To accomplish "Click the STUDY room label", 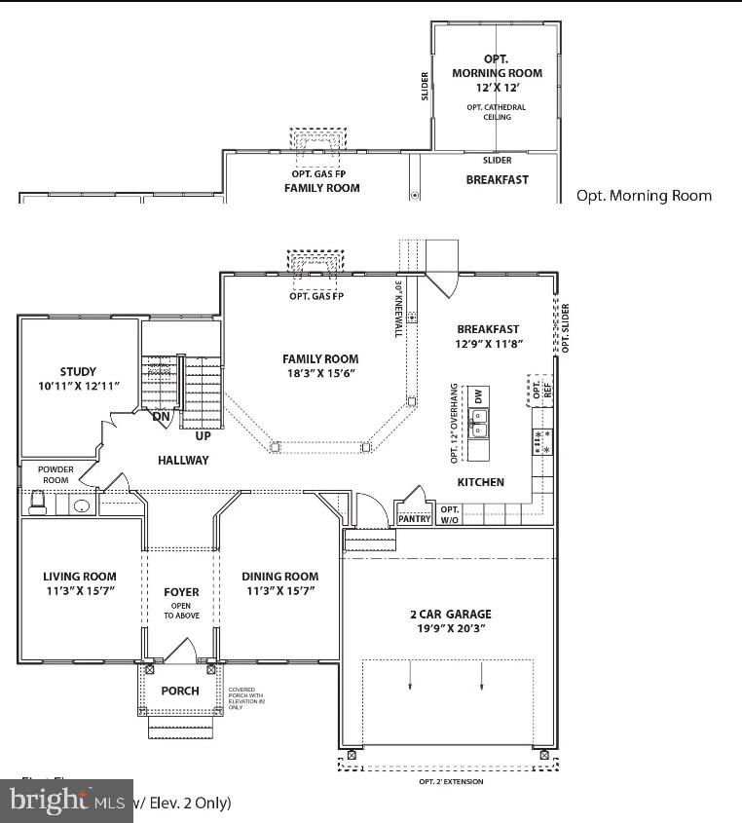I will [78, 371].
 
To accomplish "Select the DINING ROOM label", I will [279, 577].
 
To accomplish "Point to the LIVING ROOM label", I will [80, 577].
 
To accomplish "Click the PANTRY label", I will [414, 519].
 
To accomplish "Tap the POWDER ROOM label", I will [56, 474].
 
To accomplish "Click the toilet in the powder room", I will [37, 502].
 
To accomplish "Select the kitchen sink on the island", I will [479, 422].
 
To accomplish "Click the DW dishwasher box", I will [478, 395].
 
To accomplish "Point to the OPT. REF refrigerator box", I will [540, 391].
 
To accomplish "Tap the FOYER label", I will [181, 592].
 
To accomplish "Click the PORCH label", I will [180, 691].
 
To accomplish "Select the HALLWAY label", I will [183, 460].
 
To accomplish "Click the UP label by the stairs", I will [203, 435].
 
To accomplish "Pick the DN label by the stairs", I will [162, 416].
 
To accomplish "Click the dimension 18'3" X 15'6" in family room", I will [320, 373].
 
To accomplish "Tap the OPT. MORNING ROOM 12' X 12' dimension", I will [497, 88].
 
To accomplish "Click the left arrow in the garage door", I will [410, 675].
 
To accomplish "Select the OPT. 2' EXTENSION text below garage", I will [450, 781].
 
